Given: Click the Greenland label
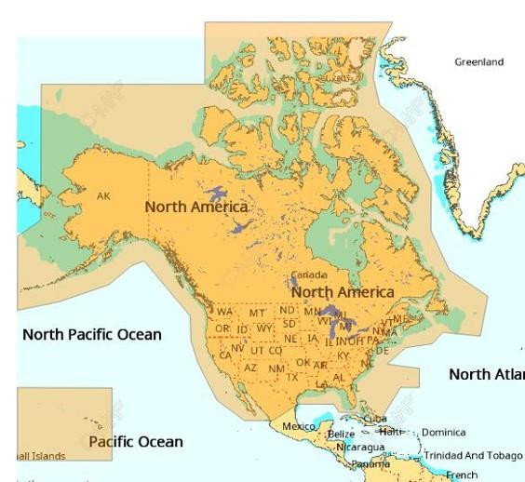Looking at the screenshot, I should pyautogui.click(x=478, y=62).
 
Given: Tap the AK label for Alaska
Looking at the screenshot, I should pyautogui.click(x=103, y=196).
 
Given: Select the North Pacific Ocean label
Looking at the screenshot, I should pyautogui.click(x=91, y=334).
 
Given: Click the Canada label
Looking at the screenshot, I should pyautogui.click(x=309, y=275).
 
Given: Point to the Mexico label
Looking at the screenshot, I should pyautogui.click(x=299, y=426).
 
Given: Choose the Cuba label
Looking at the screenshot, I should pyautogui.click(x=375, y=419).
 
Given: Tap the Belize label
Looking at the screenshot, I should pyautogui.click(x=341, y=435).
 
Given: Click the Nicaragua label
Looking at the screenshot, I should pyautogui.click(x=360, y=448).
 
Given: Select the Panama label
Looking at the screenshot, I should pyautogui.click(x=370, y=463).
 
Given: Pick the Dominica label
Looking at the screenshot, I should pyautogui.click(x=443, y=433).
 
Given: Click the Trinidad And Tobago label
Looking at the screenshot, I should pyautogui.click(x=472, y=456).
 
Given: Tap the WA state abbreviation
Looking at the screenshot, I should pyautogui.click(x=225, y=312).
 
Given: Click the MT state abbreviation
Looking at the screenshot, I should pyautogui.click(x=257, y=313).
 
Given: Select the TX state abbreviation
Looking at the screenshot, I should pyautogui.click(x=292, y=377).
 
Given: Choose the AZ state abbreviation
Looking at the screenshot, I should pyautogui.click(x=250, y=368).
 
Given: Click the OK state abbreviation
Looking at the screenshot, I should pyautogui.click(x=303, y=363).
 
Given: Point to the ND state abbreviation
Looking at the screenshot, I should pyautogui.click(x=288, y=310).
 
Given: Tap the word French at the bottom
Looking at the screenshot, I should pyautogui.click(x=462, y=475).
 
